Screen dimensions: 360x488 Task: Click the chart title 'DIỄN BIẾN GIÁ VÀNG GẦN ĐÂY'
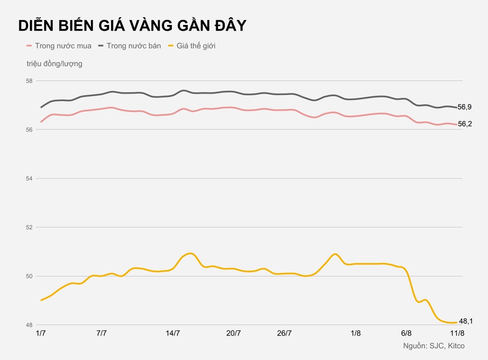[132, 26]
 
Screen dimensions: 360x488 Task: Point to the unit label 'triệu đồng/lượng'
[54, 64]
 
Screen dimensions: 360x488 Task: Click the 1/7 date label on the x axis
[41, 333]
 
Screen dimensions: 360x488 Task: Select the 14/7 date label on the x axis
[173, 333]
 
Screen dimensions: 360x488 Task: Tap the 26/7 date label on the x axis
[285, 333]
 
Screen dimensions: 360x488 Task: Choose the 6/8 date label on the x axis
[406, 333]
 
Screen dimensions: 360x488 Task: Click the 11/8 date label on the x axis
[457, 333]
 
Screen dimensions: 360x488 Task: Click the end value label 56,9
[465, 107]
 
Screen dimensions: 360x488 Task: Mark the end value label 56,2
[465, 124]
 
